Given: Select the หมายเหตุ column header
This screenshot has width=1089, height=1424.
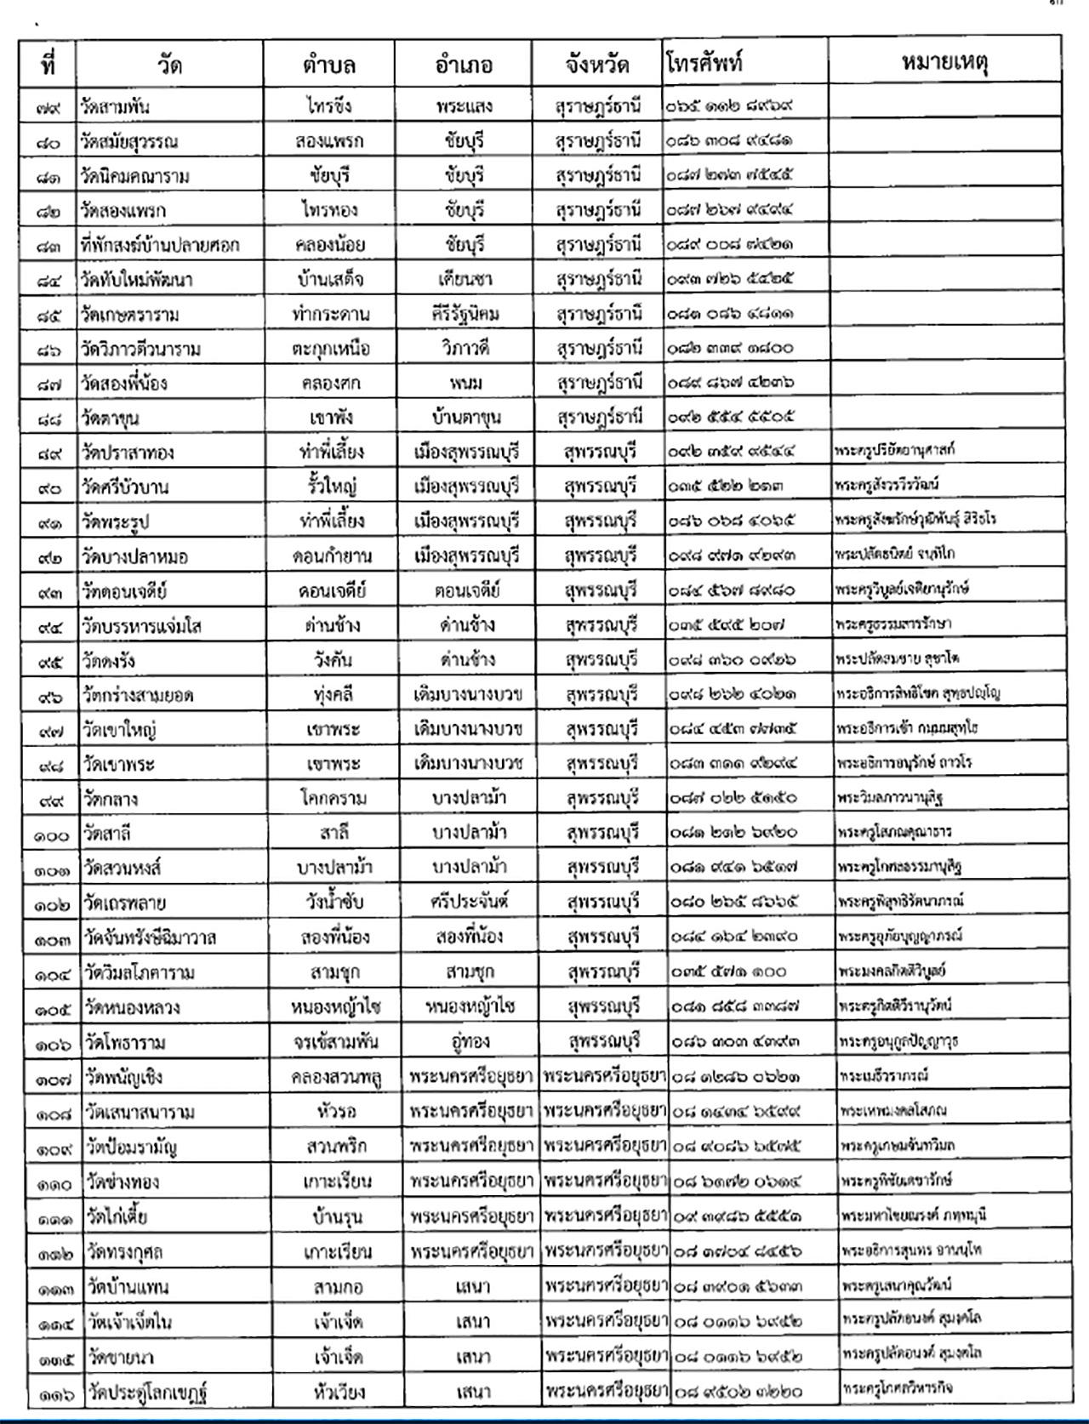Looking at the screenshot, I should (944, 62).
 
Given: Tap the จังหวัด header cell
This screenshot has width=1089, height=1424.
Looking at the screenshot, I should (596, 64).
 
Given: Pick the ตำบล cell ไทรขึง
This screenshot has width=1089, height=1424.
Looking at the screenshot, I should (328, 106).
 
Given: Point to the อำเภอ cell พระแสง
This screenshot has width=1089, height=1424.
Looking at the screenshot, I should (463, 106).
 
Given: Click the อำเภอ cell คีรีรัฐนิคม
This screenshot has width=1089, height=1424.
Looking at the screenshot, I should (463, 314).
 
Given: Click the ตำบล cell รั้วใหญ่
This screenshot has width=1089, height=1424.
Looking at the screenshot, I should (328, 487).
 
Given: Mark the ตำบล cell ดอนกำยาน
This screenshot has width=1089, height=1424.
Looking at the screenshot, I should (328, 556).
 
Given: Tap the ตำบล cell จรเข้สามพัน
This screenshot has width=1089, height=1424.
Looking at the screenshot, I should (332, 1042).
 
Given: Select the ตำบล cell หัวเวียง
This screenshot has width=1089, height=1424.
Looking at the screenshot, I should (335, 1392).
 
